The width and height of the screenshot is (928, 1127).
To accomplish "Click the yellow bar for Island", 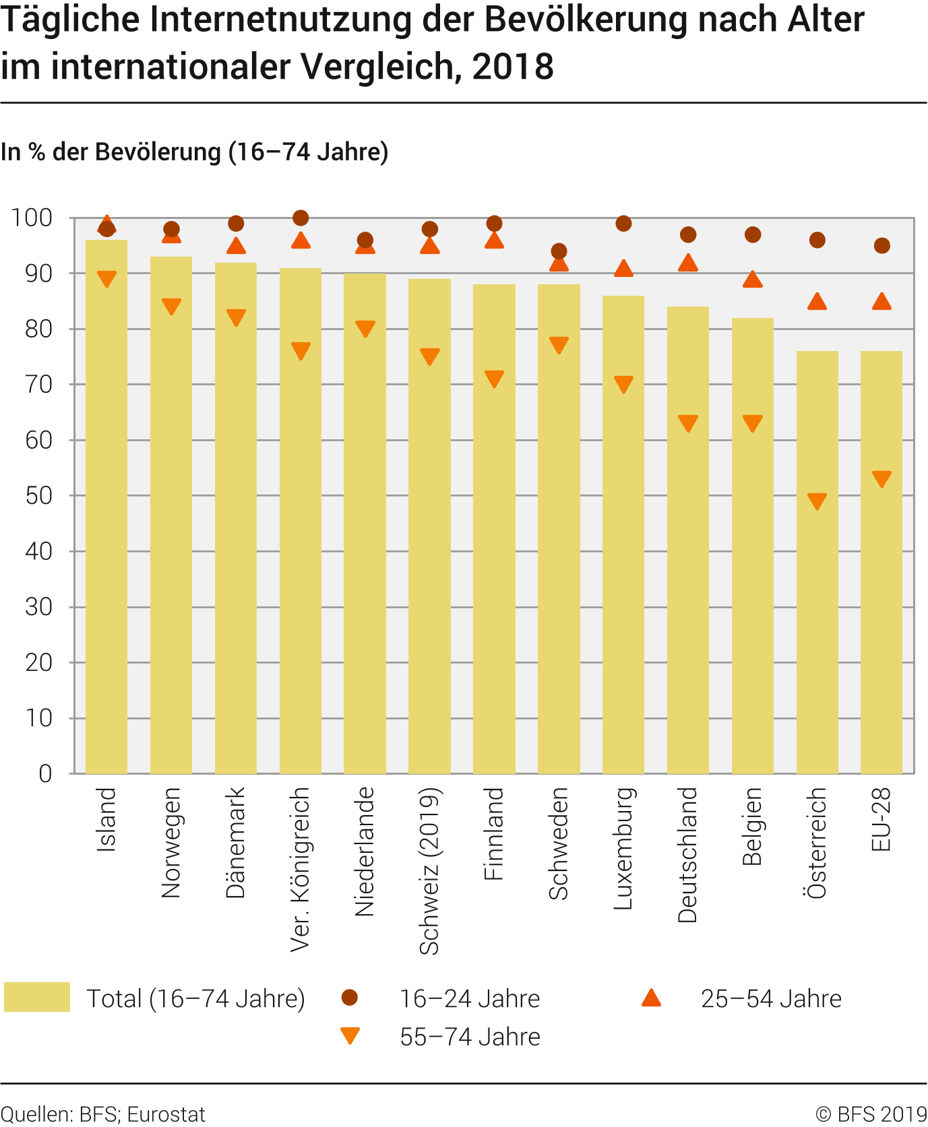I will tap(106, 505).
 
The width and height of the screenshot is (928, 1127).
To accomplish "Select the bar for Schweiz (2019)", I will tap(429, 525).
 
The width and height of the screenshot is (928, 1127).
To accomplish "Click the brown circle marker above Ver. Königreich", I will tap(301, 218).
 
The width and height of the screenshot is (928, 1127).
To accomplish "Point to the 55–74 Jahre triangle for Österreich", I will tap(817, 501).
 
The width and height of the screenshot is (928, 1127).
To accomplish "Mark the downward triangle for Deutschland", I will tap(688, 423).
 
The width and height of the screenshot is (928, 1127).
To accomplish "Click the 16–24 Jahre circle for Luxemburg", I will tap(623, 223).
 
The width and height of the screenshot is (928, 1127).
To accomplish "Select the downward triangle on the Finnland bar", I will tap(494, 379).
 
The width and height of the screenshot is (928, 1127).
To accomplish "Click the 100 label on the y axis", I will tap(32, 218).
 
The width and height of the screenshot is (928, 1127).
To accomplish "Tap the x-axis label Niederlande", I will tap(365, 851).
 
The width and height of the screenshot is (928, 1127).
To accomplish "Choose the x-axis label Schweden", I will tap(559, 843).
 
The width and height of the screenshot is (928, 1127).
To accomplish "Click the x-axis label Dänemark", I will tap(236, 842).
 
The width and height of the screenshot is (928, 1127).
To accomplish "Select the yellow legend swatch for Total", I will tap(37, 997).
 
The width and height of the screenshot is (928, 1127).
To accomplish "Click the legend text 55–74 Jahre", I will tap(470, 1037).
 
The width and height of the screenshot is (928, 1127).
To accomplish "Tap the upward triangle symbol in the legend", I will tap(652, 998).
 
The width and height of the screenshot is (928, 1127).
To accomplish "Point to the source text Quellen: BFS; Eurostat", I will tap(103, 1114).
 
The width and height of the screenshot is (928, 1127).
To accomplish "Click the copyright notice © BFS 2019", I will tap(871, 1114).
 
